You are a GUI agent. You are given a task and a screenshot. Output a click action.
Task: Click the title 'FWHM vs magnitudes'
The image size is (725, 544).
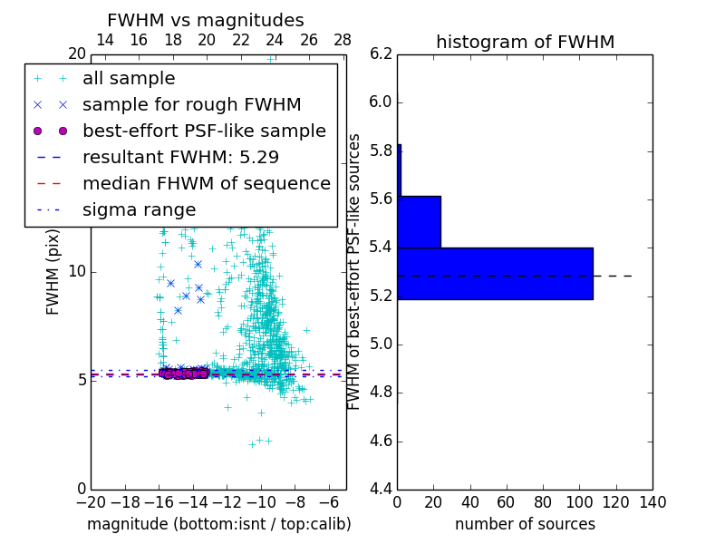[206, 20]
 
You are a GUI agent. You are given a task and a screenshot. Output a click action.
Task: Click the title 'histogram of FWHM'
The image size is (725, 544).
[525, 42]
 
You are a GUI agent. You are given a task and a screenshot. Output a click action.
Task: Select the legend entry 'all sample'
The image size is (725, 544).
[129, 79]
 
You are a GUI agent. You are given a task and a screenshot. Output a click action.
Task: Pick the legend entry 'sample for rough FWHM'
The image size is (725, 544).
[191, 104]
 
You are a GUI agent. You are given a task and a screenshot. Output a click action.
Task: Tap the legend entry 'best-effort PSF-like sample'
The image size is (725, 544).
[204, 131]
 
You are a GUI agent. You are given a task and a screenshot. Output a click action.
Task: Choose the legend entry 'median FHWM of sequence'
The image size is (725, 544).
[206, 183]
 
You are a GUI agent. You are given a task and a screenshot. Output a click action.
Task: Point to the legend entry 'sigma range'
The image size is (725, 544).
[139, 209]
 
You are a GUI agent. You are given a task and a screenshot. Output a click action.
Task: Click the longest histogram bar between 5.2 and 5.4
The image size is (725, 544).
[495, 273]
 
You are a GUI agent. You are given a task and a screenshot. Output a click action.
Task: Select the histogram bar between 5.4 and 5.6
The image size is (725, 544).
[419, 221]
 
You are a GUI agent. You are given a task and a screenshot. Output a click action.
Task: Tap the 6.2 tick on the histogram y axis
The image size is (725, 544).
[382, 53]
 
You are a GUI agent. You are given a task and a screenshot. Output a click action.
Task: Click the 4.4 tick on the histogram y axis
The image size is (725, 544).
[382, 490]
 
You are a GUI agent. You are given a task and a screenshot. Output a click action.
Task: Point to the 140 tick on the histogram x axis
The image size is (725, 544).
[652, 501]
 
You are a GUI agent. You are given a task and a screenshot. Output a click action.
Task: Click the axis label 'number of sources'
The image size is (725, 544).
[525, 524]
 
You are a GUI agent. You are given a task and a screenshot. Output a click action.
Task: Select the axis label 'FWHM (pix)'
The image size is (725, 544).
[53, 271]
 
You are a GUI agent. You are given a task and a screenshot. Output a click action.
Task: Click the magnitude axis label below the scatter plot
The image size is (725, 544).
[218, 524]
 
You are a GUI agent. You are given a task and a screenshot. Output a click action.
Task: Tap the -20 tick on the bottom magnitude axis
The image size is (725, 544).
[91, 501]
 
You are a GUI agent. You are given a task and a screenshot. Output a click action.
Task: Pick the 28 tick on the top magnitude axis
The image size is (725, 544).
[343, 40]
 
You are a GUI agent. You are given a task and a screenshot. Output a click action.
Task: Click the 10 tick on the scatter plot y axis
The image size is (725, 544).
[77, 271]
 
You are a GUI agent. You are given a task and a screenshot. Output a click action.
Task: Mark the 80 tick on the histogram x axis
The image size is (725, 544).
[543, 501]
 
